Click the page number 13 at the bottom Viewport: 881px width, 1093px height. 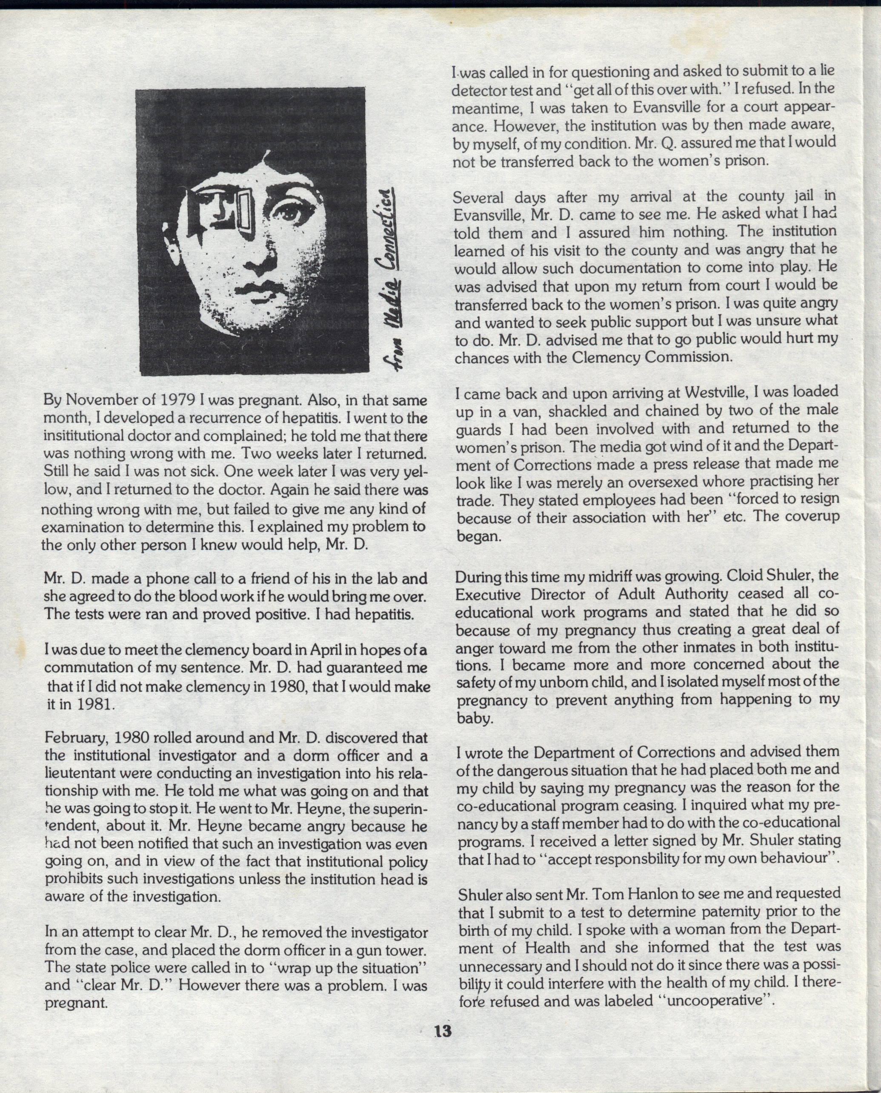coord(442,1031)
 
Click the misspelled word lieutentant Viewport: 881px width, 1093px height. coord(80,774)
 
